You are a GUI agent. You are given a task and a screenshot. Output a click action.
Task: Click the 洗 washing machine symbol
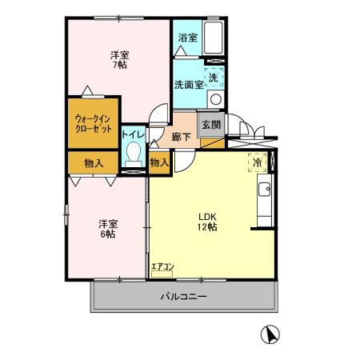click(214, 78)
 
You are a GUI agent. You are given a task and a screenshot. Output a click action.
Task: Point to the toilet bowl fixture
click(134, 154)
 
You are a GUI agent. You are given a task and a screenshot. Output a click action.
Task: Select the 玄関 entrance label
click(210, 124)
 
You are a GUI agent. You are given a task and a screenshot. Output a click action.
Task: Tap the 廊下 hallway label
click(182, 137)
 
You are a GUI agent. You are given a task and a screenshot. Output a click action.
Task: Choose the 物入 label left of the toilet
click(94, 162)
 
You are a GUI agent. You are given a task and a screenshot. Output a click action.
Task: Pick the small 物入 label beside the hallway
click(159, 162)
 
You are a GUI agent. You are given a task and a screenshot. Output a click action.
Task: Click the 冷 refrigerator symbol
click(258, 162)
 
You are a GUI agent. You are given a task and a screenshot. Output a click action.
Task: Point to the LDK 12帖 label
click(209, 221)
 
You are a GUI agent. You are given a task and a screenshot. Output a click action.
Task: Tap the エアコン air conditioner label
click(162, 265)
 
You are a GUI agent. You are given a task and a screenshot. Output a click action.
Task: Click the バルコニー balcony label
click(183, 297)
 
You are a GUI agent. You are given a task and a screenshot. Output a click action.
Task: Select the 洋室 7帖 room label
click(118, 59)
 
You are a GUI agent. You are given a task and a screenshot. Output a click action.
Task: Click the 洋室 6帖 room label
click(107, 229)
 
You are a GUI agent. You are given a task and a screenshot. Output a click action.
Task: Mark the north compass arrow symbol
click(272, 334)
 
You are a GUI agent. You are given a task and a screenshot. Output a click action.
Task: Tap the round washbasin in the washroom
click(214, 99)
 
